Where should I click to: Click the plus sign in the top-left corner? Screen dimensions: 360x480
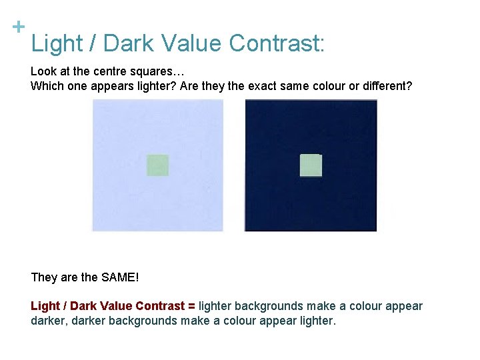tap(19, 27)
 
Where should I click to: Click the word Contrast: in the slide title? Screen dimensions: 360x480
tap(277, 44)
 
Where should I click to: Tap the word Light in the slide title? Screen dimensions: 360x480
tap(56, 44)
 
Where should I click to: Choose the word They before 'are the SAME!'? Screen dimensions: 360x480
tap(44, 277)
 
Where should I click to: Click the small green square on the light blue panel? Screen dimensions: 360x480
tap(158, 165)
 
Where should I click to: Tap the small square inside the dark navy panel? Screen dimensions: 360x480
tap(311, 165)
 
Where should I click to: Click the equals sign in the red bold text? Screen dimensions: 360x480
tap(192, 306)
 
